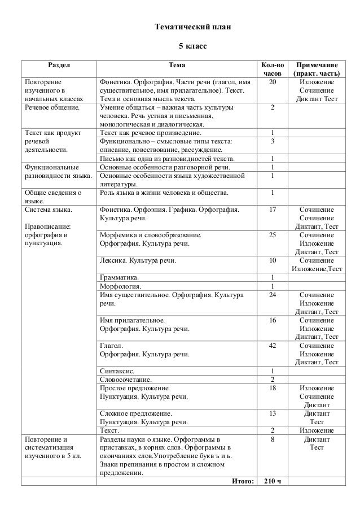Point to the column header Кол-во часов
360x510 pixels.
(272, 69)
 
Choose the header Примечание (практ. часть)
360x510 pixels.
(315, 69)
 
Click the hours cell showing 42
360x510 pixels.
(272, 345)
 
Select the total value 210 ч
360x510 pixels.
(272, 481)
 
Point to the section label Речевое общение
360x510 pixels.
(50, 107)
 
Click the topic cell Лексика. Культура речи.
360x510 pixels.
(137, 261)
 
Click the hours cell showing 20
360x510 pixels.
(272, 82)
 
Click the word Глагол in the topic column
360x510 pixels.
(110, 345)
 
